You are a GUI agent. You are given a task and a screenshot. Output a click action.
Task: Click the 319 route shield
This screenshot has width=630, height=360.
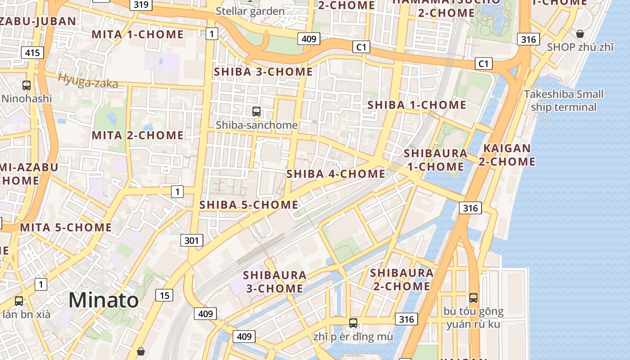141,5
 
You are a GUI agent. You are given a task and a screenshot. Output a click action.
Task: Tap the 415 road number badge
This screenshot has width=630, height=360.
32,53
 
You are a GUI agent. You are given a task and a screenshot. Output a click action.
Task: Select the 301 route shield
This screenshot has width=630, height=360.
191,240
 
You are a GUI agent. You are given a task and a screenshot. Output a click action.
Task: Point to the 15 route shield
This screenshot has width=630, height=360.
164,295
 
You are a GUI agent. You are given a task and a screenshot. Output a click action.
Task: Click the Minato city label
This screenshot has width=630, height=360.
103,300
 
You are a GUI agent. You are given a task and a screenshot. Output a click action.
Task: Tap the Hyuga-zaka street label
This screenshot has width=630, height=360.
88,81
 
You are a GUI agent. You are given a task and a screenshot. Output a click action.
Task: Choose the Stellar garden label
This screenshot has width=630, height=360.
250,11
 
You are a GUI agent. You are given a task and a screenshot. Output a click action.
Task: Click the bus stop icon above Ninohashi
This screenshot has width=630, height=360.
27,85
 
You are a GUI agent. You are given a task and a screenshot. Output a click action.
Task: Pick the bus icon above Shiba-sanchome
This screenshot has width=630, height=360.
256,111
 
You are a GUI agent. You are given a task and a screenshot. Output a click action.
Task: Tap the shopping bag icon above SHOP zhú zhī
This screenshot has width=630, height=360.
580,34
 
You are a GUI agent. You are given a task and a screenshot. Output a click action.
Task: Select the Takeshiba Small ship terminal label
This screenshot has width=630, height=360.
563,100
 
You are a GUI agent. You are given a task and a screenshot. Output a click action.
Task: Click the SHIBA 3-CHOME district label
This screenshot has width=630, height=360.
263,72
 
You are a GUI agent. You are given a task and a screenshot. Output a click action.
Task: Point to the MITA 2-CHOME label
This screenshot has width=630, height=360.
138,135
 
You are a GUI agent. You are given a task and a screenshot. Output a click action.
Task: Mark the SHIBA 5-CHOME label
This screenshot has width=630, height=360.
248,205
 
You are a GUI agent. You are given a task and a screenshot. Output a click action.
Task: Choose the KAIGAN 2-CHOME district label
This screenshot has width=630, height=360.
507,155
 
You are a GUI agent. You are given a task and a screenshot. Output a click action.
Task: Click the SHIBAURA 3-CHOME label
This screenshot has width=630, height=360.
274,281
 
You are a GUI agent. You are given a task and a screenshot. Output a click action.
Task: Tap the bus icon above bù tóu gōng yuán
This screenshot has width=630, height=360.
473,297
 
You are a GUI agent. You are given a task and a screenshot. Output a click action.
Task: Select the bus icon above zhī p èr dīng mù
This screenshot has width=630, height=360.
353,323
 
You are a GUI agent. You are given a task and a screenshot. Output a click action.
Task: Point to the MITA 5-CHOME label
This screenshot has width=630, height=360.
66,227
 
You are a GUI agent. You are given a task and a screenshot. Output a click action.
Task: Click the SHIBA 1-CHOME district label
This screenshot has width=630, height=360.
417,105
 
